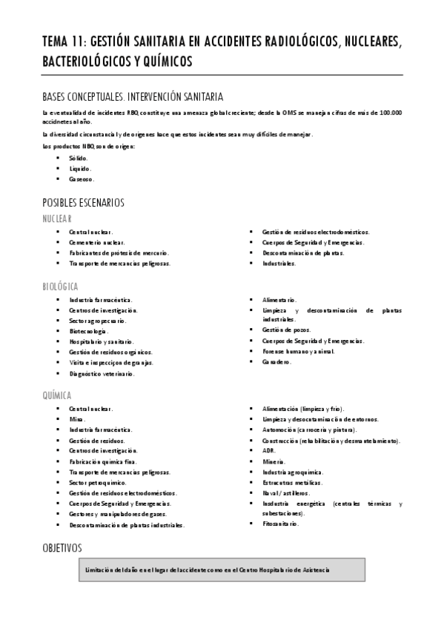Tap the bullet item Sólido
pyautogui.click(x=78, y=158)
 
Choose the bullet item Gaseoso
pyautogui.click(x=82, y=179)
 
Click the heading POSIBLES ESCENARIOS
pyautogui.click(x=83, y=202)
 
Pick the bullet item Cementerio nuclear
pyautogui.click(x=97, y=242)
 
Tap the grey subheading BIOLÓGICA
pyautogui.click(x=61, y=286)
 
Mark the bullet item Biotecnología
pyautogui.click(x=88, y=331)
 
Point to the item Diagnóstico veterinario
pyautogui.click(x=102, y=374)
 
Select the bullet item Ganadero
pyautogui.click(x=276, y=361)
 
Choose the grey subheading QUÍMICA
pyautogui.click(x=57, y=395)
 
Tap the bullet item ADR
pyautogui.click(x=268, y=450)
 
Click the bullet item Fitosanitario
pyautogui.click(x=280, y=523)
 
